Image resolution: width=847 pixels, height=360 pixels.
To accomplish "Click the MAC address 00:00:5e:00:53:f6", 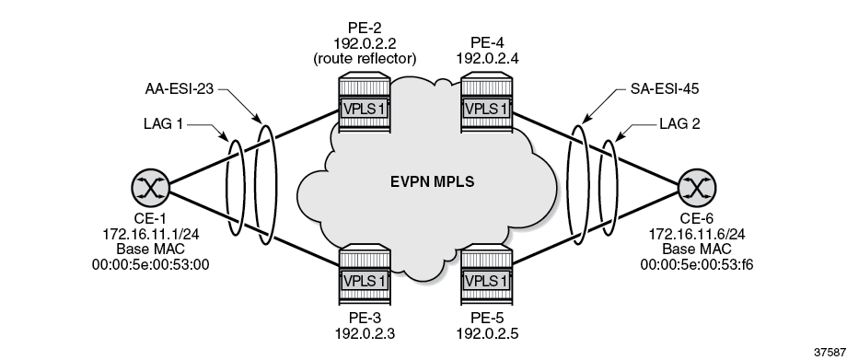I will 693,264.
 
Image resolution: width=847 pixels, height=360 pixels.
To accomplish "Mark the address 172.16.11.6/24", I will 693,235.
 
